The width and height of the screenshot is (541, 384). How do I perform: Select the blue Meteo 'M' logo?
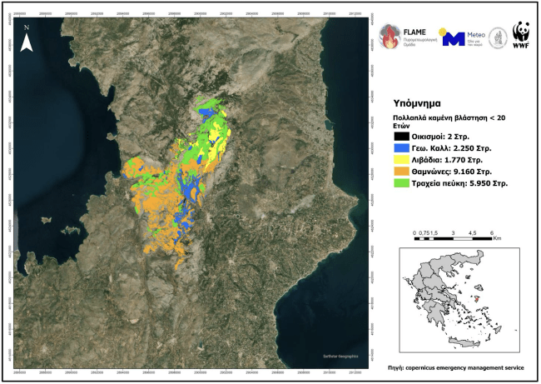coord(451,38)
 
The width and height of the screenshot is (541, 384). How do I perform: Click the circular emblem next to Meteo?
coord(498,37)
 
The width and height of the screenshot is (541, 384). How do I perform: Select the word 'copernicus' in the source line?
coord(435,367)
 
